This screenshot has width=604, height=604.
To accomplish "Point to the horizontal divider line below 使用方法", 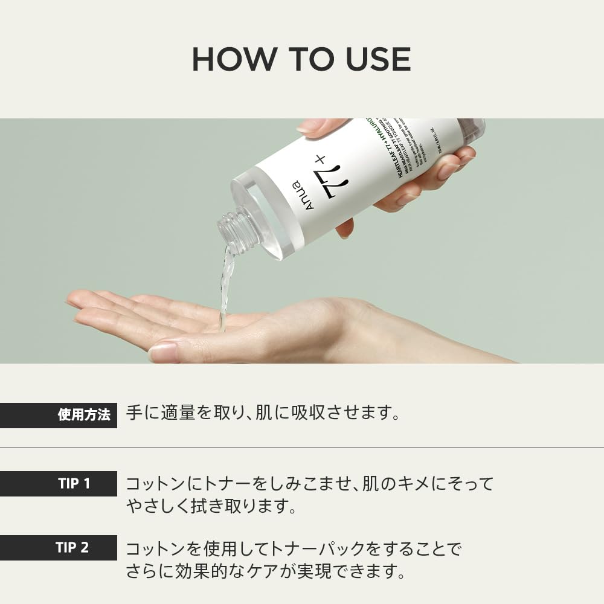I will point(302,448).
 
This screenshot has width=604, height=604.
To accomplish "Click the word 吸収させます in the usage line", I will point(345,414).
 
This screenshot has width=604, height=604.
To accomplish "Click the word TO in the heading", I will point(300,59).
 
